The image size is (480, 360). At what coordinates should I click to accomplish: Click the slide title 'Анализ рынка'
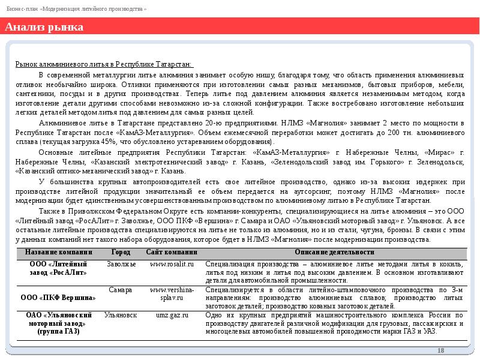[44, 28]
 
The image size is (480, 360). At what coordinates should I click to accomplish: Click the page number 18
[441, 350]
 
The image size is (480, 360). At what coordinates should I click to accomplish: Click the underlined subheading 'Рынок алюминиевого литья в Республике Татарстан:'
[104, 64]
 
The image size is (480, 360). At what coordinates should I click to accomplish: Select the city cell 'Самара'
[121, 290]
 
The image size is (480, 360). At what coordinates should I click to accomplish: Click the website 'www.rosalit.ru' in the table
[171, 264]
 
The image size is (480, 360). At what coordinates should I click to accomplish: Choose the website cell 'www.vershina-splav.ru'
[171, 293]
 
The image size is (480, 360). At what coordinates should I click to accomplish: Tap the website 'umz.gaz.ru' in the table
[171, 314]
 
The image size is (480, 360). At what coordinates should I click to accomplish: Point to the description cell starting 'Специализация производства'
[333, 272]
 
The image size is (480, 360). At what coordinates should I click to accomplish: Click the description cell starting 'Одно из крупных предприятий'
[333, 323]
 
